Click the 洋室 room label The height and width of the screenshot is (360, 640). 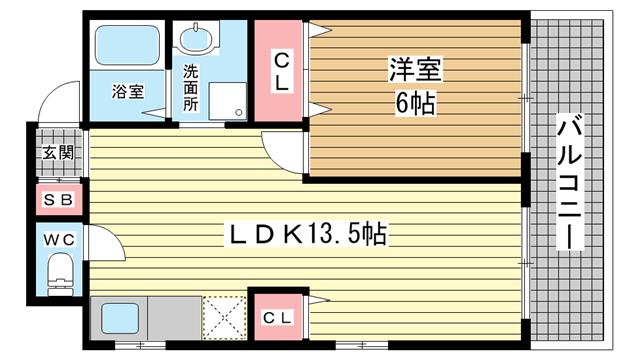[x=415, y=69]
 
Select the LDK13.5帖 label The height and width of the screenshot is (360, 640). [x=308, y=234]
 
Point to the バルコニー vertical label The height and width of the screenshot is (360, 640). [x=569, y=182]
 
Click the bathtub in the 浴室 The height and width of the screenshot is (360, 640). [x=127, y=45]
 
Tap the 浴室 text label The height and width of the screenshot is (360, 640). [x=128, y=91]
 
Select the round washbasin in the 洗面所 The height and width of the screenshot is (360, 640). [x=196, y=40]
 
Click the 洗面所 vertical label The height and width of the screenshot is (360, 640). [x=190, y=88]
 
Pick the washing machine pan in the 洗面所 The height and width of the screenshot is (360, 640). [x=228, y=101]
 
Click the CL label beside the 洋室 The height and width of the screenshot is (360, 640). [x=282, y=73]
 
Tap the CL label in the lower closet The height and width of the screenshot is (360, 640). [x=278, y=318]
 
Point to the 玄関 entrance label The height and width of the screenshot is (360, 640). [x=58, y=153]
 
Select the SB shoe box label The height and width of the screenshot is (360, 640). [x=58, y=200]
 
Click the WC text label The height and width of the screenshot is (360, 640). [x=59, y=240]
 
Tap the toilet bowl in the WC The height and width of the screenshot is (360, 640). [x=60, y=273]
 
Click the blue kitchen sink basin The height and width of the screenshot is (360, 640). [x=120, y=318]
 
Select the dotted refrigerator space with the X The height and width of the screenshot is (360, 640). [x=224, y=318]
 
